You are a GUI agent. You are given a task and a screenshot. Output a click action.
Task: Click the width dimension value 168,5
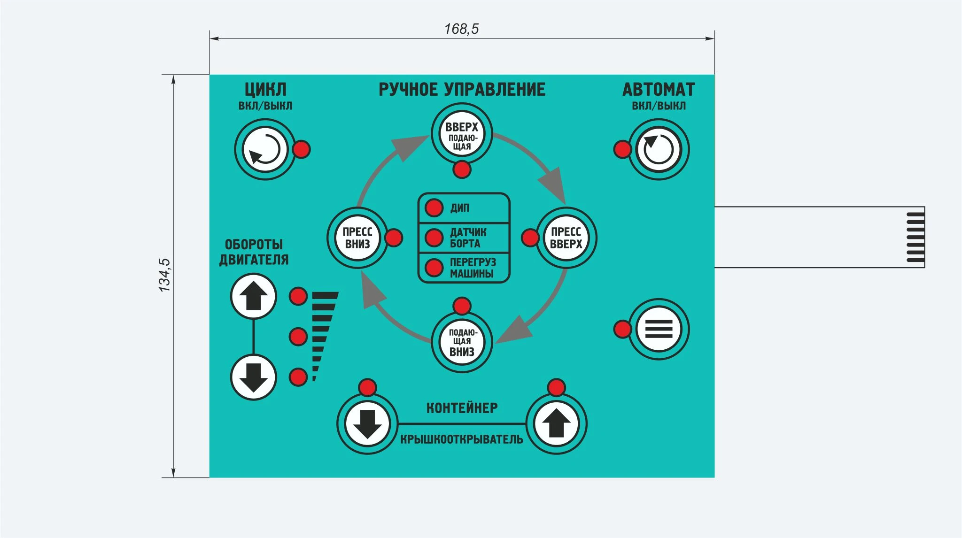pyautogui.click(x=461, y=29)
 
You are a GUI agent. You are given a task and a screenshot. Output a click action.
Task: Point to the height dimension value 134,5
pyautogui.click(x=164, y=275)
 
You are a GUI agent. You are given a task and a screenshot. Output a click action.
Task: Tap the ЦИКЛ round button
pyautogui.click(x=265, y=149)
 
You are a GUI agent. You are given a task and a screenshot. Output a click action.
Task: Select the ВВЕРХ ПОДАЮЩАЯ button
pyautogui.click(x=462, y=134)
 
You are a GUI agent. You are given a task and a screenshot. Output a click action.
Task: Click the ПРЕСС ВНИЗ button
pyautogui.click(x=357, y=238)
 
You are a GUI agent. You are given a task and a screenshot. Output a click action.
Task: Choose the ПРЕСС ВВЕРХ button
pyautogui.click(x=566, y=238)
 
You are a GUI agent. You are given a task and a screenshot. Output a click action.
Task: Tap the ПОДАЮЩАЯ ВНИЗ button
pyautogui.click(x=462, y=342)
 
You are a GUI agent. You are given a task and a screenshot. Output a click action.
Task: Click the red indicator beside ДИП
pyautogui.click(x=434, y=208)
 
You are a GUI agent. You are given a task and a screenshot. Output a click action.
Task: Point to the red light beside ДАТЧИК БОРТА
pyautogui.click(x=434, y=238)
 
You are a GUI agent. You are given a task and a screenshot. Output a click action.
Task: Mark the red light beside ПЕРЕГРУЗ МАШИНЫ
pyautogui.click(x=434, y=268)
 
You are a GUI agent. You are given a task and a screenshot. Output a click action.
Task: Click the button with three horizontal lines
pyautogui.click(x=659, y=329)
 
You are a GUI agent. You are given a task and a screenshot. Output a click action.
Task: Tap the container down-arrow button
pyautogui.click(x=367, y=423)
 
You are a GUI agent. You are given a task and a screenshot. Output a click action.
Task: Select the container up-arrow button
pyautogui.click(x=557, y=423)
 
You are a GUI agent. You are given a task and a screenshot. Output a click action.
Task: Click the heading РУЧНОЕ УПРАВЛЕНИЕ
pyautogui.click(x=462, y=89)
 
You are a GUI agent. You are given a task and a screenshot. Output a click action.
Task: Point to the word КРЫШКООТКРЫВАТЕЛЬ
pyautogui.click(x=462, y=439)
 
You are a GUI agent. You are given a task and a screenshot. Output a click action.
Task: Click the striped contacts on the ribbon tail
pyautogui.click(x=915, y=237)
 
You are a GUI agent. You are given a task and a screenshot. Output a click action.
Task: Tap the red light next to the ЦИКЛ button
pyautogui.click(x=302, y=149)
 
